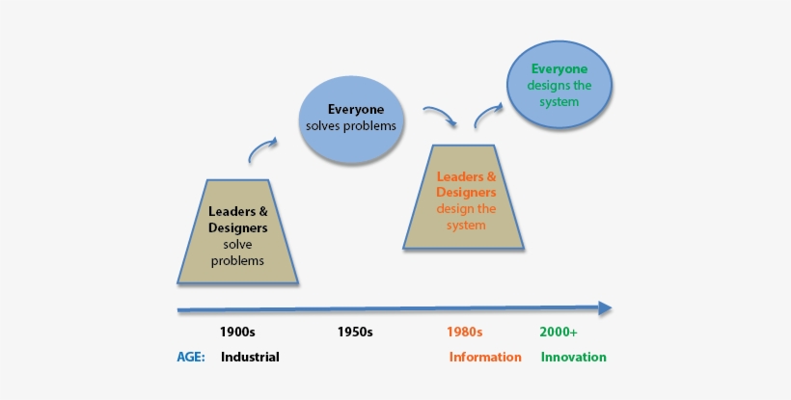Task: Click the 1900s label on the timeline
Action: tap(237, 332)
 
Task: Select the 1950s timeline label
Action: tap(355, 332)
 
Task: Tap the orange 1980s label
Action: tap(464, 332)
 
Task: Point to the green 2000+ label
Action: tap(559, 332)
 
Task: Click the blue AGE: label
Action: tap(191, 357)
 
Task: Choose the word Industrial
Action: tap(250, 357)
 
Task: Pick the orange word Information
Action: tap(485, 357)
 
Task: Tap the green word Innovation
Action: tap(574, 357)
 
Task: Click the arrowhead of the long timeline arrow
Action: tap(605, 308)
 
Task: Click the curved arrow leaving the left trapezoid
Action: tap(262, 149)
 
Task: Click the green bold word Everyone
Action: tap(559, 69)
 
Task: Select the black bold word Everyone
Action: tap(356, 109)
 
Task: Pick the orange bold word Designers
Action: tap(466, 192)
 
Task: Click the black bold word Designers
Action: tap(237, 228)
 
